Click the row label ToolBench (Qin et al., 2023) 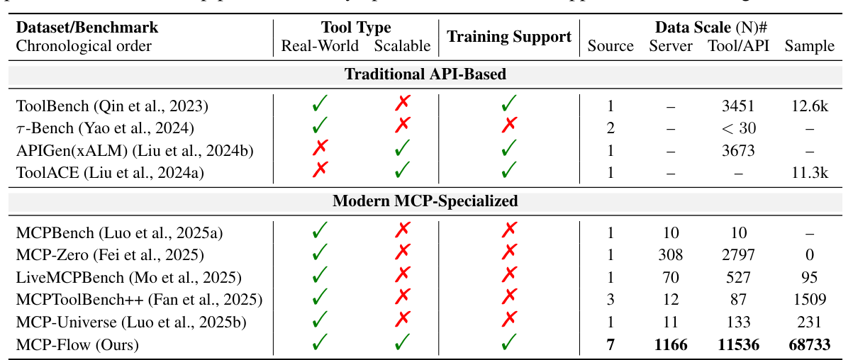[x=111, y=106]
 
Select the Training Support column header [x=509, y=37]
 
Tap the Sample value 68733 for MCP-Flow [x=809, y=345]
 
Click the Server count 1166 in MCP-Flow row [x=671, y=345]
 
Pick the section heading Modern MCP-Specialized [x=425, y=201]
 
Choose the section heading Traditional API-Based [x=425, y=74]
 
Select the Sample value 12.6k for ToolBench [x=809, y=106]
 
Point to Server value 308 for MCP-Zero [x=671, y=254]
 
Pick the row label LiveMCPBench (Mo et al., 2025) [x=128, y=277]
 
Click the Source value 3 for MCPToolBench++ [x=611, y=300]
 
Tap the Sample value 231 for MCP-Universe [x=809, y=322]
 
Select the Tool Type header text [x=356, y=28]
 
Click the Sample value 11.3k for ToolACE [x=809, y=172]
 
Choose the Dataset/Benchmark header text [x=87, y=28]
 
